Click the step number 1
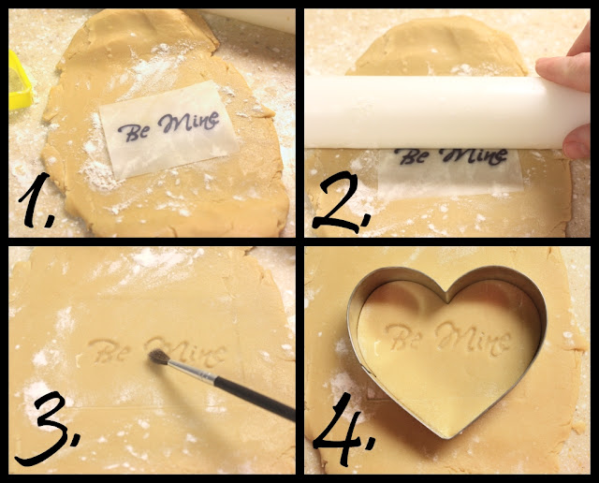[37, 200]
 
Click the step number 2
[341, 202]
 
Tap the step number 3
[47, 427]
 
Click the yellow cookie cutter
[19, 81]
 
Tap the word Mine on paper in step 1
[189, 122]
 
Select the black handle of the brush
[255, 399]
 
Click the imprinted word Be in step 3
[109, 351]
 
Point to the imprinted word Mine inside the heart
[474, 337]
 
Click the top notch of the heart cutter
[447, 297]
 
